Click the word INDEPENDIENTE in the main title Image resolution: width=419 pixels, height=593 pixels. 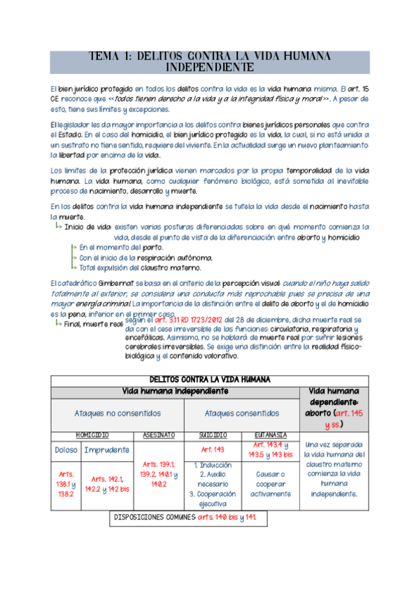tap(209, 68)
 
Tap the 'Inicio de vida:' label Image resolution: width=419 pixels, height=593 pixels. tap(88, 227)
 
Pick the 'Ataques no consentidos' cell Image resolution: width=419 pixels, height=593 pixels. tap(118, 413)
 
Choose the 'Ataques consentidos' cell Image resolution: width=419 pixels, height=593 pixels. tap(241, 413)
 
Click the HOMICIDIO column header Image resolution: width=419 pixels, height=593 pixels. tap(92, 434)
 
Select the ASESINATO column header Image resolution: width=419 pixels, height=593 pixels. tap(158, 434)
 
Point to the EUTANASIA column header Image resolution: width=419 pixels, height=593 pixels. tap(270, 434)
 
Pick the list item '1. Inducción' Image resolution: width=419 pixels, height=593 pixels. tap(213, 464)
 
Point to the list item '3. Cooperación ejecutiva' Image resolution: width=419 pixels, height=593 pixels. tap(213, 498)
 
